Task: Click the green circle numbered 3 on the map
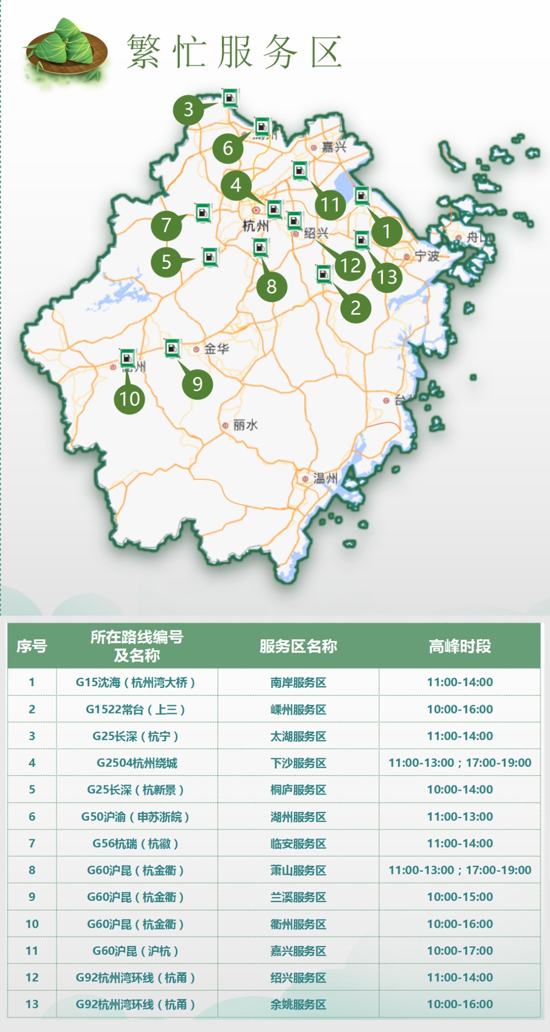(188, 109)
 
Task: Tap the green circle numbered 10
(129, 398)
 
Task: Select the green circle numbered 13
(387, 277)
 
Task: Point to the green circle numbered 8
(271, 286)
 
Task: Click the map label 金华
(216, 349)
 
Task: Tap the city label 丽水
(245, 425)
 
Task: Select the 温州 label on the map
(325, 478)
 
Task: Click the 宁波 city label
(427, 256)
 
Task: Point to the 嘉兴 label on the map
(334, 147)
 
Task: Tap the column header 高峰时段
(459, 646)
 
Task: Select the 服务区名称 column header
(298, 646)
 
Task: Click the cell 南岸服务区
(298, 682)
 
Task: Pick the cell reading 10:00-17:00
(459, 950)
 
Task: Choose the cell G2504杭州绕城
(136, 763)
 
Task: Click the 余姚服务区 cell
(298, 1004)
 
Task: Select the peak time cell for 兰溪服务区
(459, 897)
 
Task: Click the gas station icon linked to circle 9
(172, 349)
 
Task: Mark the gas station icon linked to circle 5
(210, 257)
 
